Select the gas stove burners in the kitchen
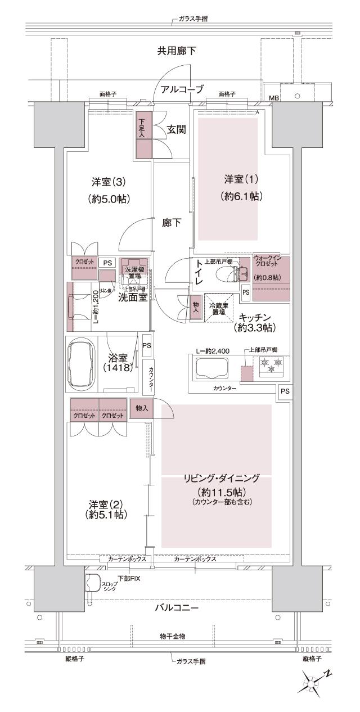pos(271,366)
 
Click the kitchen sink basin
pos(210,369)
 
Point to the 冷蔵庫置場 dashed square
pos(218,308)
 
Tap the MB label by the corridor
pos(274,98)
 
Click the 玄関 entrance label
pos(176,129)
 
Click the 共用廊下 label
pos(177,51)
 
